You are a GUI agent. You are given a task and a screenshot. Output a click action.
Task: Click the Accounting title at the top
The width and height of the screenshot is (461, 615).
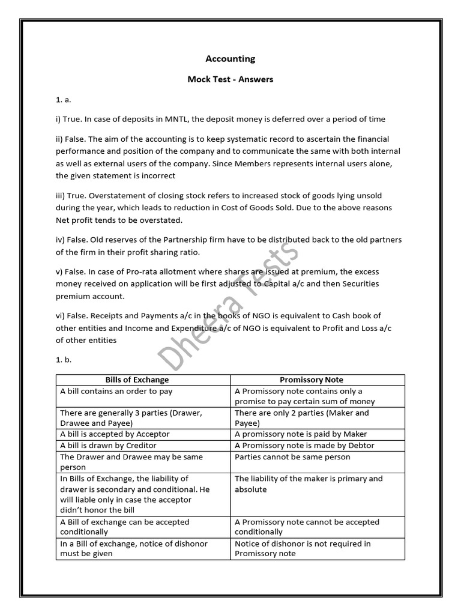tap(230, 59)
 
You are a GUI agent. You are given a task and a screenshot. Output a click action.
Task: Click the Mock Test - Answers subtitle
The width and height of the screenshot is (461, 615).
tap(230, 79)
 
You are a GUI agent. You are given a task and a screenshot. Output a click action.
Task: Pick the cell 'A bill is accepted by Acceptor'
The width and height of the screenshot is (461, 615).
tap(115, 434)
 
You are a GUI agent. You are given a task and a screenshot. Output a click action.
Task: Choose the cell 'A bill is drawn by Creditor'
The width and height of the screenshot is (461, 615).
tap(109, 445)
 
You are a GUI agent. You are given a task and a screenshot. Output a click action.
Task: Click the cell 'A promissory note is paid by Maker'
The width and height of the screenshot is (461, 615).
tap(301, 434)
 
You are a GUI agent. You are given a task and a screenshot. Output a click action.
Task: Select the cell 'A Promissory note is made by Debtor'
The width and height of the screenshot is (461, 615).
tap(304, 445)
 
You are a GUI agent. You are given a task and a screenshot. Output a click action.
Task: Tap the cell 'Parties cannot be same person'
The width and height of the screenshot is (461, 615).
tap(292, 456)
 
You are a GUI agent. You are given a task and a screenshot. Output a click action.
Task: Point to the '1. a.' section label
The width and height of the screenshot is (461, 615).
tap(63, 100)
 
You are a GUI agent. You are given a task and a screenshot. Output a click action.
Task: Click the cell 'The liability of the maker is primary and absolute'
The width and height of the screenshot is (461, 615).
tap(309, 484)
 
